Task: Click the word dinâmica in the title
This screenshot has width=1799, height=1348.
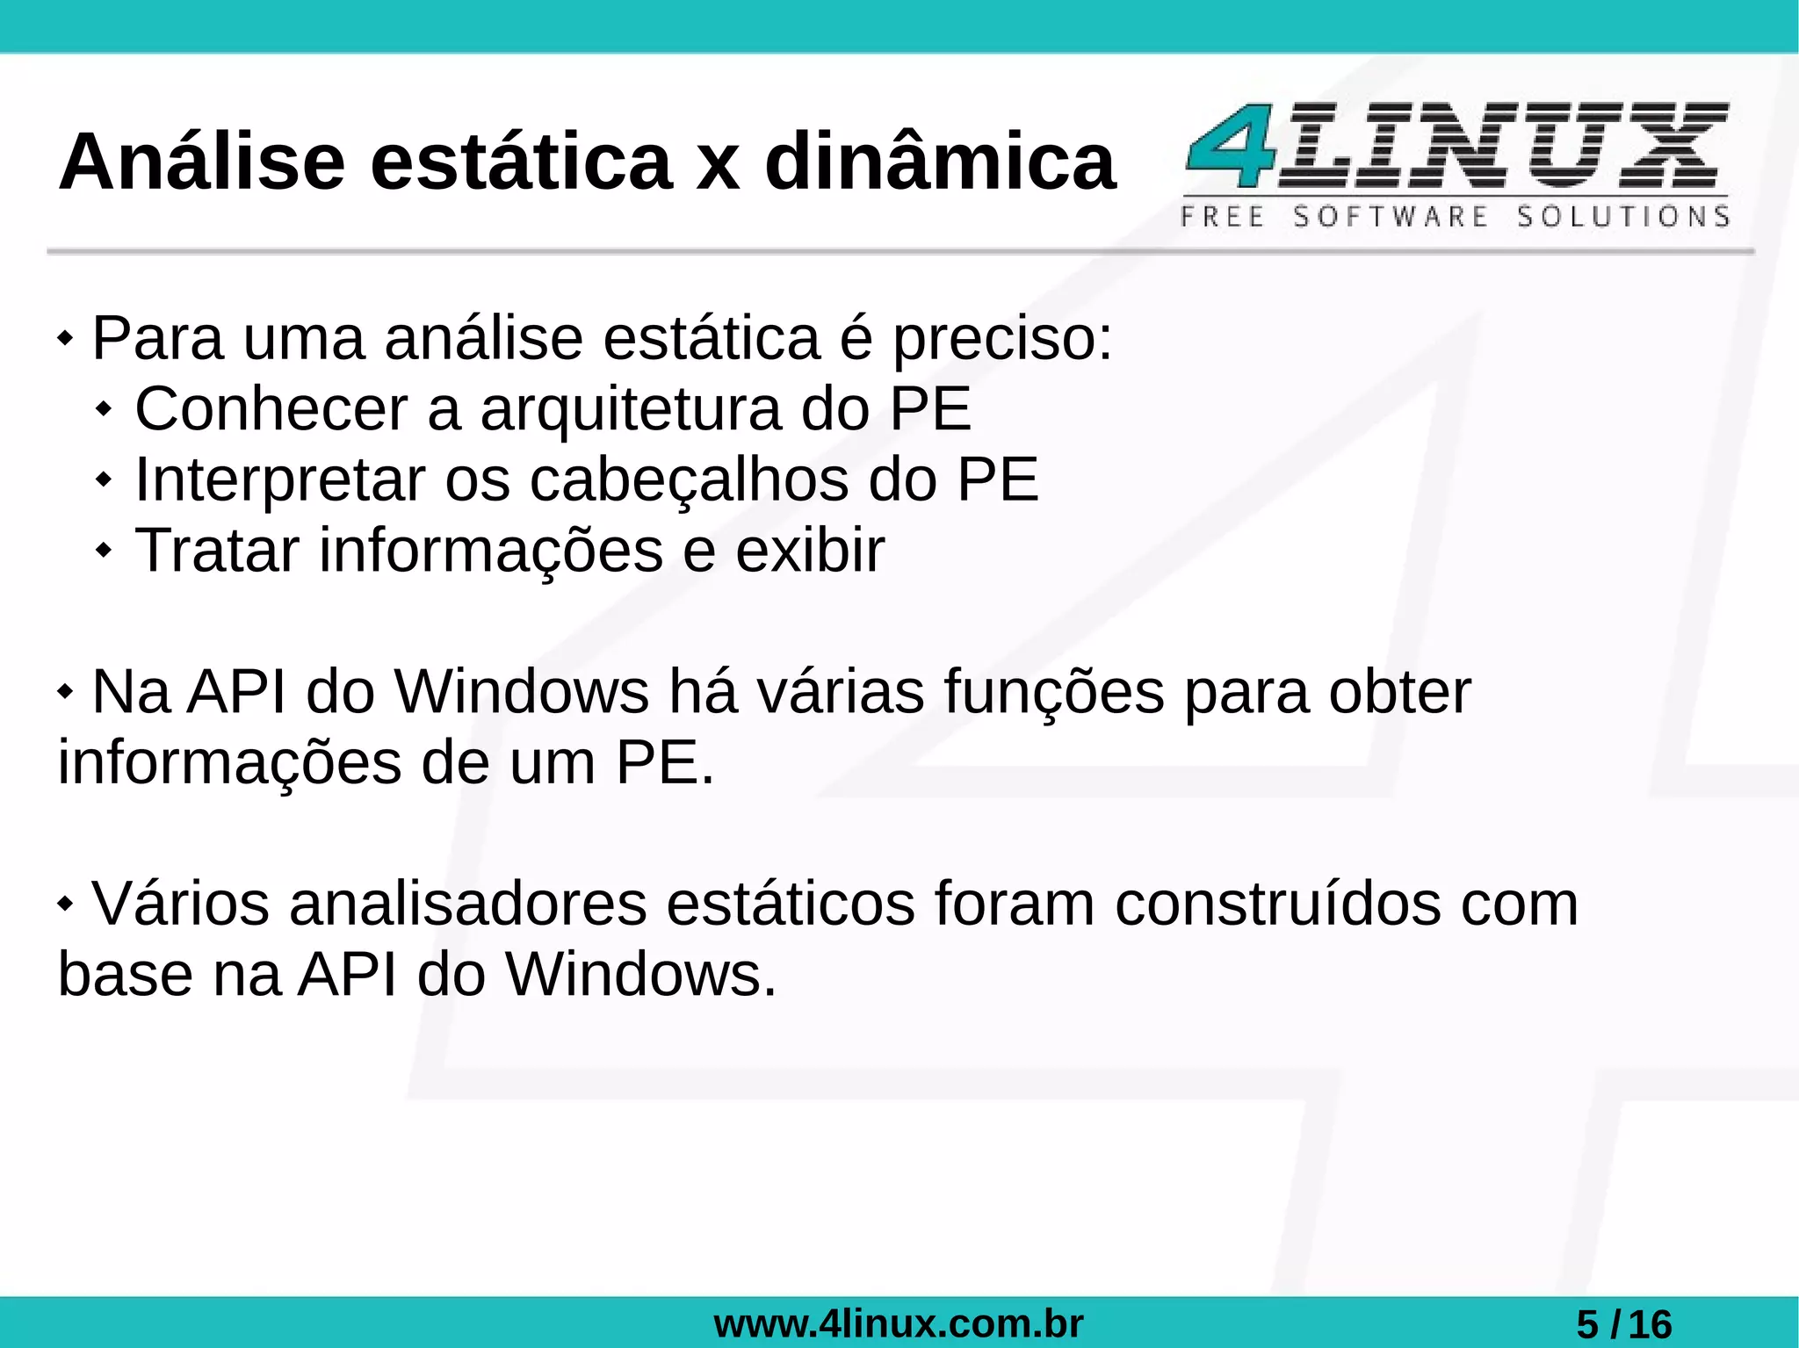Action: click(940, 162)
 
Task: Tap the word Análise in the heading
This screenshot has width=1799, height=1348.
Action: click(202, 162)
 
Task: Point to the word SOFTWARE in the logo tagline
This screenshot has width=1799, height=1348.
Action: click(1391, 216)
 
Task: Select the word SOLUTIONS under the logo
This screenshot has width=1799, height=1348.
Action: click(1623, 216)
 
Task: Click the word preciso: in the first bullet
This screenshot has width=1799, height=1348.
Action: click(1002, 339)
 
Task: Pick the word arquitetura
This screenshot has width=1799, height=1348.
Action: click(631, 409)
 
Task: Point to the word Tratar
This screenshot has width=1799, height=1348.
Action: click(217, 551)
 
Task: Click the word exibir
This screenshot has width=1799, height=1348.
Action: click(809, 551)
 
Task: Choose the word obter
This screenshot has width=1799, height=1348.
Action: click(1399, 693)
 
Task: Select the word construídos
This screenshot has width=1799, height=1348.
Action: click(1278, 905)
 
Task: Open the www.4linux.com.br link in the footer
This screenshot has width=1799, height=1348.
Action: click(899, 1323)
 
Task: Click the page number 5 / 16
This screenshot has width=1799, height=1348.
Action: click(1623, 1323)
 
